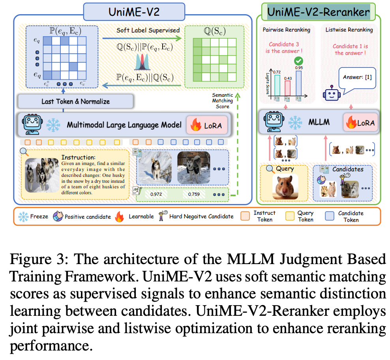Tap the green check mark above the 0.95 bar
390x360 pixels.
click(x=298, y=62)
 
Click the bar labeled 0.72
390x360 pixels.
click(x=277, y=84)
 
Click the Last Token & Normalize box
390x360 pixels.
click(x=76, y=101)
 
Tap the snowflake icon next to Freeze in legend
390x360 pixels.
click(x=24, y=216)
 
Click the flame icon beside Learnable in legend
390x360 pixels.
click(x=119, y=216)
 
